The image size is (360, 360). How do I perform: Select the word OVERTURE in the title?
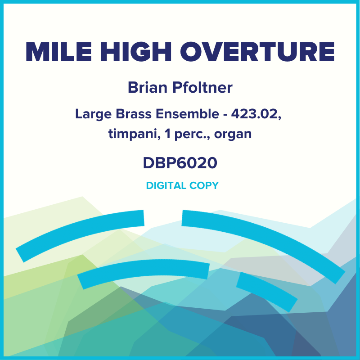(259, 53)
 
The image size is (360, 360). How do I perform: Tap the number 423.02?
(256, 114)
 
